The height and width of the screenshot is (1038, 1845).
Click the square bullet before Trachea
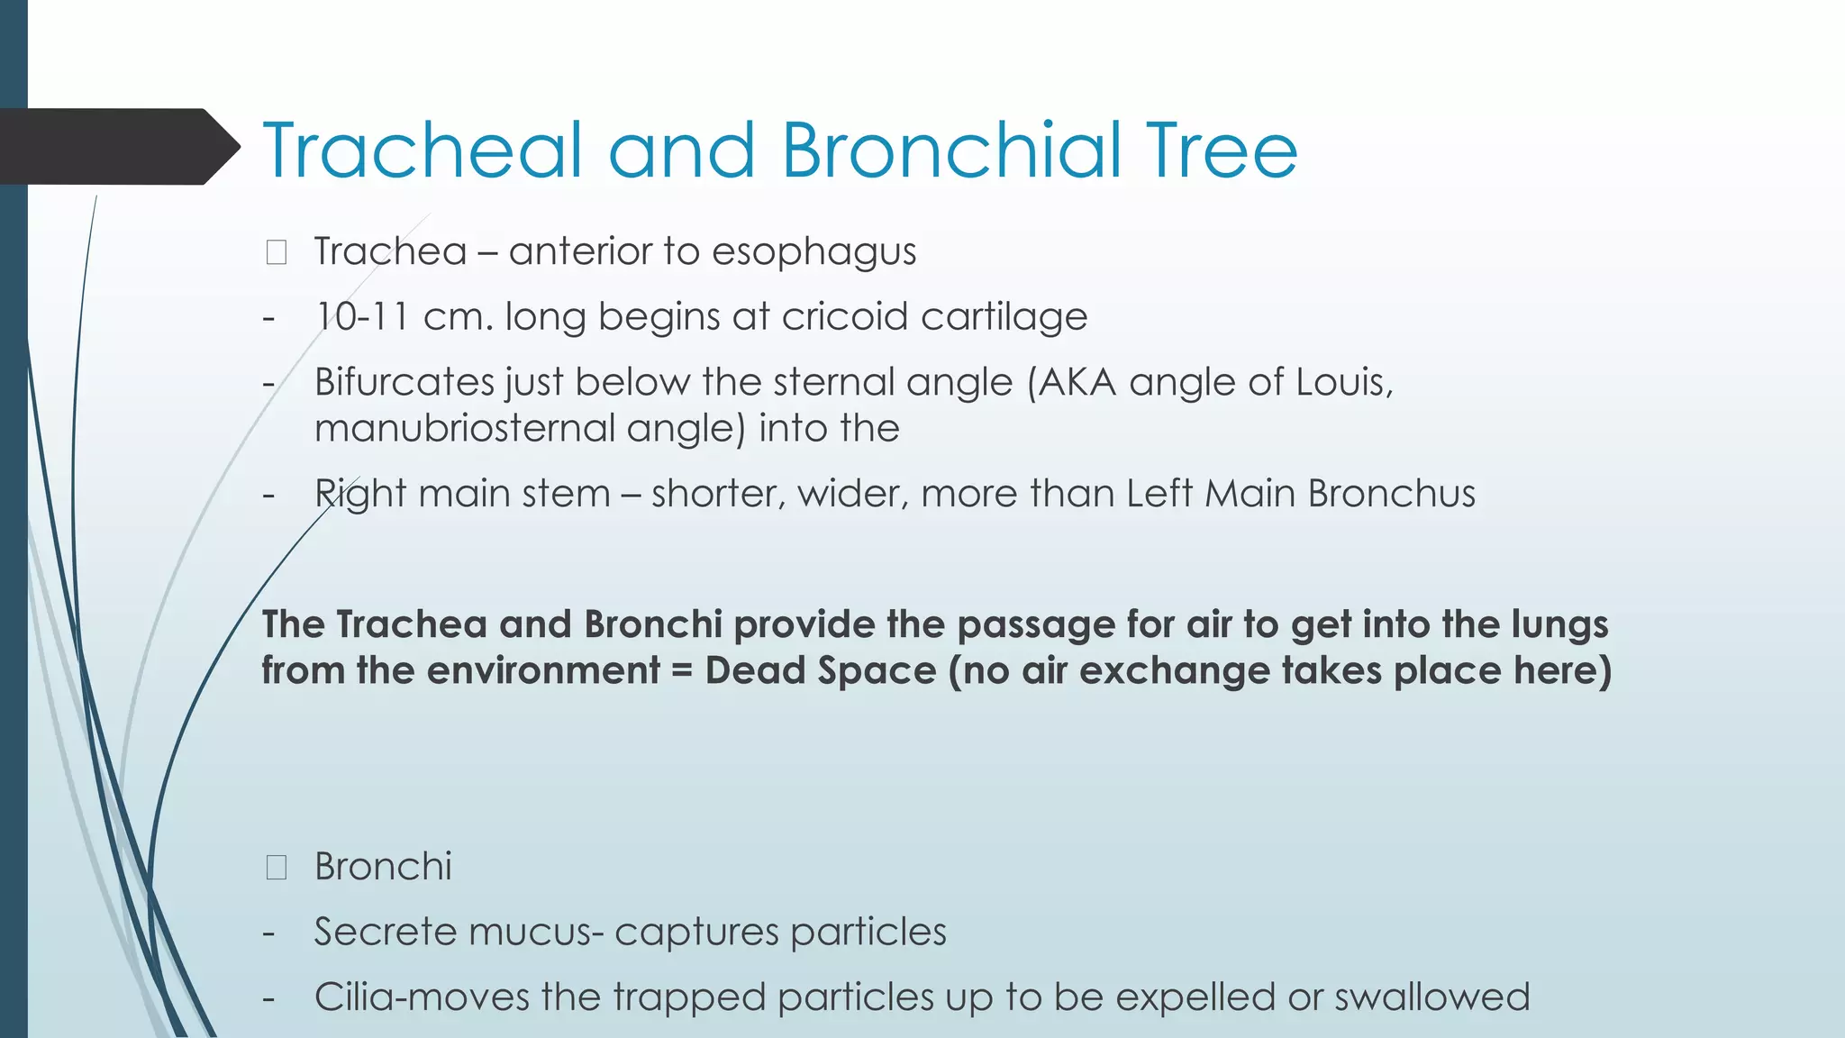coord(277,252)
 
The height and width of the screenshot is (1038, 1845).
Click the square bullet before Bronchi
coord(277,868)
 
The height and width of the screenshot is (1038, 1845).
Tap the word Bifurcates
coord(404,383)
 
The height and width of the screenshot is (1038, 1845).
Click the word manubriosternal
coord(463,428)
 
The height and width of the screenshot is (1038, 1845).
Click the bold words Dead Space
coord(821,671)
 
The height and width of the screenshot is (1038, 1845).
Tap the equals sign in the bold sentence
coord(683,671)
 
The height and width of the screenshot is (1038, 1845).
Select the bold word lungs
coord(1559,625)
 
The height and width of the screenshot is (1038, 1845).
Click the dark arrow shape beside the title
coord(117,147)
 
